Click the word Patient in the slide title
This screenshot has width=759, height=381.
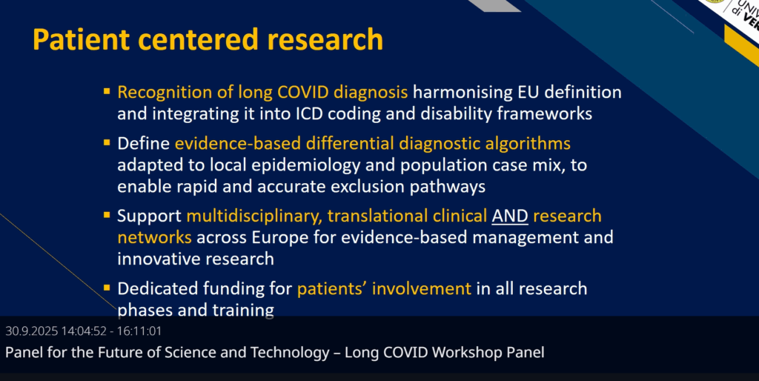click(82, 39)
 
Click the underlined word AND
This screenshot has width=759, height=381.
click(510, 216)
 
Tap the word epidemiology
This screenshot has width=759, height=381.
click(306, 165)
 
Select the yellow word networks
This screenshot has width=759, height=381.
click(154, 237)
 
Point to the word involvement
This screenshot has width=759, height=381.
click(421, 288)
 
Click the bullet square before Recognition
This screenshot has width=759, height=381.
click(107, 90)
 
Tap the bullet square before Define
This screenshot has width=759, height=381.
click(107, 142)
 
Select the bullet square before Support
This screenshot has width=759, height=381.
click(107, 214)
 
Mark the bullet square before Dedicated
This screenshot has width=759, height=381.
click(107, 287)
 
